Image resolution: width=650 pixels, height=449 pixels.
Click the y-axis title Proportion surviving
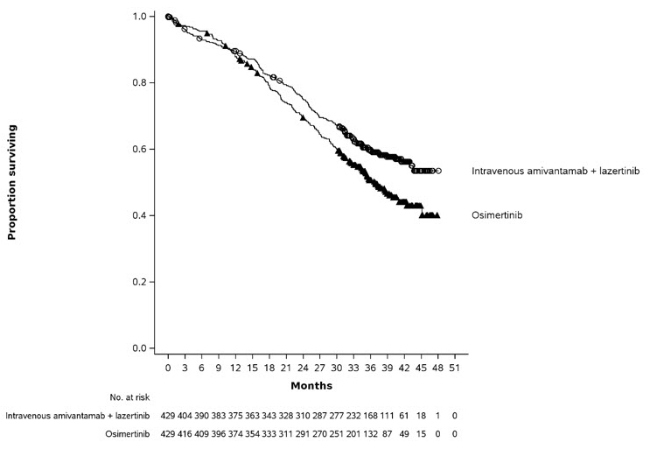13,182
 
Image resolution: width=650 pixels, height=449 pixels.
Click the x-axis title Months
311,385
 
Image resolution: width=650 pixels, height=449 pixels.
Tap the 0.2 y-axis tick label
140,282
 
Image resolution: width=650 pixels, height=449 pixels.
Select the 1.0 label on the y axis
140,17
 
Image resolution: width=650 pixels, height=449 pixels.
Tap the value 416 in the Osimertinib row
184,434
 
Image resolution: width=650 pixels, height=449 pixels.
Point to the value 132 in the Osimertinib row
369,434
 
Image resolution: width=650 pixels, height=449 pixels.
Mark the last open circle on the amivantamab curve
438,172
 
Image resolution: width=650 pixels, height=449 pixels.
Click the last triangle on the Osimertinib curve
437,215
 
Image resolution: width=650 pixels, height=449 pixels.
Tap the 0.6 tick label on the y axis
140,150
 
